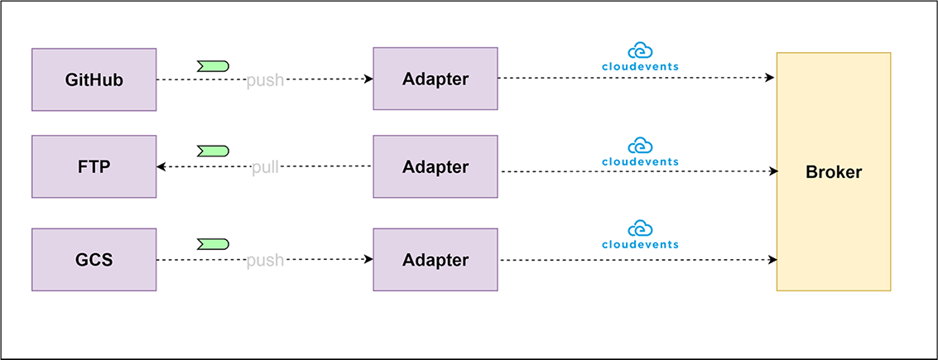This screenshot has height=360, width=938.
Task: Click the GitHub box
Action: pyautogui.click(x=94, y=79)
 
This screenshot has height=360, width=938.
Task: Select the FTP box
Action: pyautogui.click(x=94, y=166)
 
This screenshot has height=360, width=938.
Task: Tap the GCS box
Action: pyautogui.click(x=94, y=260)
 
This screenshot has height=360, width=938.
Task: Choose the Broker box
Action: pyautogui.click(x=834, y=171)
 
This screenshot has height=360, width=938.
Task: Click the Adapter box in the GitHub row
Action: pyautogui.click(x=435, y=79)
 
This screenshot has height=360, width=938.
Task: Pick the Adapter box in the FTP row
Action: pyautogui.click(x=435, y=166)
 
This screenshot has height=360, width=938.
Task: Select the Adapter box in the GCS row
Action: pyautogui.click(x=435, y=260)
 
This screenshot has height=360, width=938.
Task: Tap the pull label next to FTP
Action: pyautogui.click(x=265, y=167)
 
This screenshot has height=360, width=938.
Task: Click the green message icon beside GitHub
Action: pyautogui.click(x=213, y=65)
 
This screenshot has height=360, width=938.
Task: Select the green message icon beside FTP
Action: pyautogui.click(x=213, y=151)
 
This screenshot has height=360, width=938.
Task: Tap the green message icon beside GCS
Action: pyautogui.click(x=213, y=244)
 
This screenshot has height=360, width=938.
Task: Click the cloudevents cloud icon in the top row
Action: pyautogui.click(x=640, y=50)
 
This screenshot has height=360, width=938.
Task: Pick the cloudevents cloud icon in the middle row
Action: pyautogui.click(x=640, y=146)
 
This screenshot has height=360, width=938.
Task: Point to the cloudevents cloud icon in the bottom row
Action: pyautogui.click(x=640, y=228)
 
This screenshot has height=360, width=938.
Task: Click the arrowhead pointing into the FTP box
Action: pyautogui.click(x=161, y=167)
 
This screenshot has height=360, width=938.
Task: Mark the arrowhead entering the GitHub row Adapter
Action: pyautogui.click(x=369, y=79)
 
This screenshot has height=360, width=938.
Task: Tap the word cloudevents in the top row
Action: pyautogui.click(x=640, y=66)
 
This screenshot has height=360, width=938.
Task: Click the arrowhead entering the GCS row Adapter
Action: pyautogui.click(x=369, y=260)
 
